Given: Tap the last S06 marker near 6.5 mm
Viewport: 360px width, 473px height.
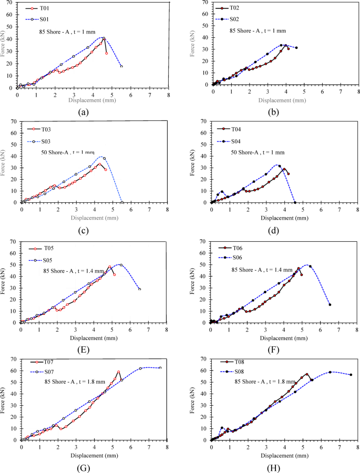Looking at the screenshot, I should tap(330, 304).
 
